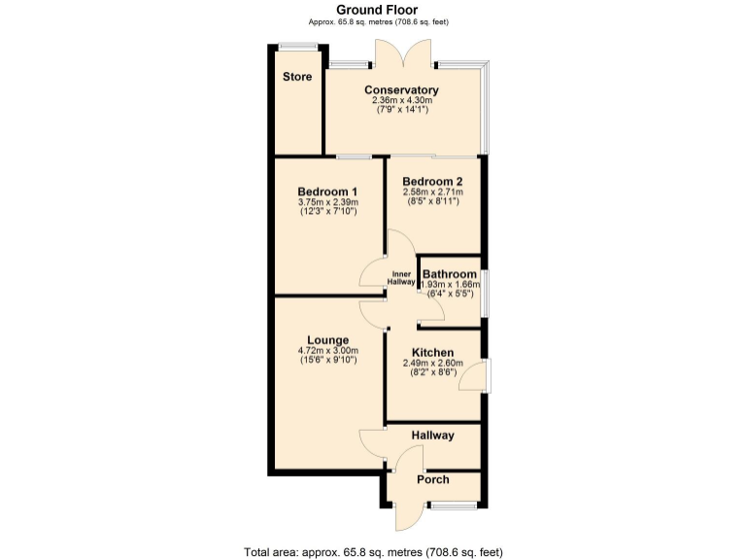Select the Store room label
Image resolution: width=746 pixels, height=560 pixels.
pos(298,77)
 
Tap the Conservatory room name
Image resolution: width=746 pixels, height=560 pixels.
pos(402,89)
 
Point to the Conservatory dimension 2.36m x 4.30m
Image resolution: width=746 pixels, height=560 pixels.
pos(402,100)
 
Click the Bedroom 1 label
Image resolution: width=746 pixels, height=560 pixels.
pos(328,192)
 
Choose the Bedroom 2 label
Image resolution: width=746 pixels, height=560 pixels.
pos(432,181)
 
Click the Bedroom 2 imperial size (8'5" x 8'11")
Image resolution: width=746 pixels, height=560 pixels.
pos(432,202)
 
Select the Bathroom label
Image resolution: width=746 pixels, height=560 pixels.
pos(449,274)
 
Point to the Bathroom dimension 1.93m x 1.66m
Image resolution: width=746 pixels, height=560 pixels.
pos(451,284)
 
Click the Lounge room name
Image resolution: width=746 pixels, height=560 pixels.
pos(328,339)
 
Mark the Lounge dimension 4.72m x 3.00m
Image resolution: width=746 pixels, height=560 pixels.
pos(328,350)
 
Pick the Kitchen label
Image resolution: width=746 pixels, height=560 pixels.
pos(432,352)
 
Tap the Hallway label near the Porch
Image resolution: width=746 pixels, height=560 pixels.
pos(432,435)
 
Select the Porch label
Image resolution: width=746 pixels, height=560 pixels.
pos(432,480)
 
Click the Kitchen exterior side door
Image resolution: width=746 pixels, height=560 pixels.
pos(475,376)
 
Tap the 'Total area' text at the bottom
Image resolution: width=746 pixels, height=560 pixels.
pos(373,551)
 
